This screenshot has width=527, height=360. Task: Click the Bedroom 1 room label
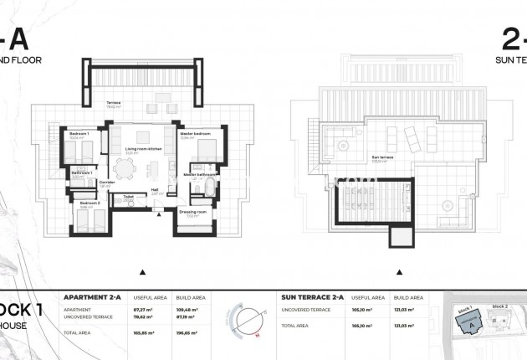[79, 133]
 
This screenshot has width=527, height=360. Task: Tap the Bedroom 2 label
[90, 203]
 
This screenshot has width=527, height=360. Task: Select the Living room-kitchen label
[143, 149]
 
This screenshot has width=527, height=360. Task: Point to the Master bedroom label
[194, 133]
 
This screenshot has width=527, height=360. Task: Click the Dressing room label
[193, 212]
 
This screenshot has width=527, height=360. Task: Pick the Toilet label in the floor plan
[129, 198]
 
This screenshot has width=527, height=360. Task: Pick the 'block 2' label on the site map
[499, 306]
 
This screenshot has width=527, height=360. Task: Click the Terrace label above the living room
[113, 105]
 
